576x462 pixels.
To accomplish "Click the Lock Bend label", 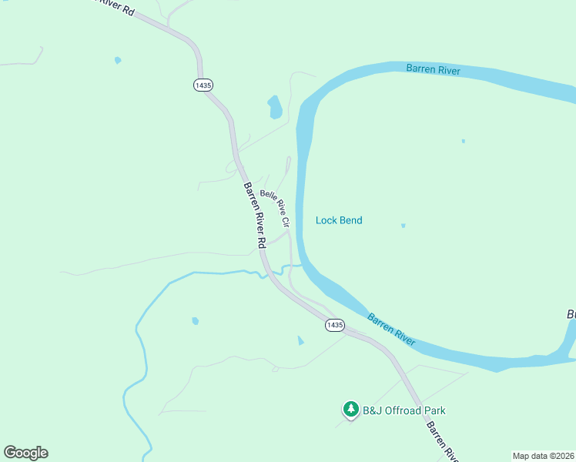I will pyautogui.click(x=339, y=220).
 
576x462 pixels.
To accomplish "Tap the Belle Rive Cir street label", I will pyautogui.click(x=275, y=208).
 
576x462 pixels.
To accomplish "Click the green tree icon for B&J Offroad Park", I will pyautogui.click(x=350, y=410).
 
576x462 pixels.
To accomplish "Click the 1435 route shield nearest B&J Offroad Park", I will pyautogui.click(x=334, y=325).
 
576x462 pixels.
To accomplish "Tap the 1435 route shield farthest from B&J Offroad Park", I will pyautogui.click(x=203, y=85).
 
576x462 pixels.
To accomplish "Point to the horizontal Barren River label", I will pyautogui.click(x=433, y=70).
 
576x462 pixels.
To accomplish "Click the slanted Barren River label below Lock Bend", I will pyautogui.click(x=391, y=329).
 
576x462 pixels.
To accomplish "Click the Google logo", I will pyautogui.click(x=25, y=453).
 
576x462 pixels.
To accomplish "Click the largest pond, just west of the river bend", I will pyautogui.click(x=274, y=107).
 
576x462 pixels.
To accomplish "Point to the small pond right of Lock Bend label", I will pyautogui.click(x=403, y=226).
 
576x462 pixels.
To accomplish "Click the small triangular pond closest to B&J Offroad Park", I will pyautogui.click(x=300, y=340).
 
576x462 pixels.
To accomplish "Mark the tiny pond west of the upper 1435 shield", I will pyautogui.click(x=117, y=60).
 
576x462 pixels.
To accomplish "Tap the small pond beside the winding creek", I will pyautogui.click(x=196, y=320).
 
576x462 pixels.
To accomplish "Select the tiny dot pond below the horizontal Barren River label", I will pyautogui.click(x=463, y=141).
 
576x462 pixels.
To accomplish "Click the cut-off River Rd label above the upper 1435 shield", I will pyautogui.click(x=116, y=8).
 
